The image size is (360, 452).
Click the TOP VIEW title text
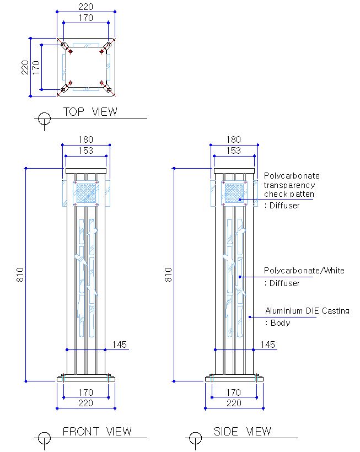pyautogui.click(x=90, y=112)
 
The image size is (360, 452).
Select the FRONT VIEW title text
pyautogui.click(x=97, y=432)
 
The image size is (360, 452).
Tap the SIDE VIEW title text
pyautogui.click(x=243, y=432)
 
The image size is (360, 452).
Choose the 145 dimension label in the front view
pyautogui.click(x=120, y=345)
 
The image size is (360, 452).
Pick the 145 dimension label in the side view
pyautogui.click(x=267, y=345)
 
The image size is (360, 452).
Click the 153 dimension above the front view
pyautogui.click(x=85, y=150)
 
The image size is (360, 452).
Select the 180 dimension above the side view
pyautogui.click(x=234, y=139)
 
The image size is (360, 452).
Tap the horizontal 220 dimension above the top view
pyautogui.click(x=85, y=7)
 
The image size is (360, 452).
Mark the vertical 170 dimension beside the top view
pyautogui.click(x=36, y=67)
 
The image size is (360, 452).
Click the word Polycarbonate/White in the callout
pyautogui.click(x=304, y=271)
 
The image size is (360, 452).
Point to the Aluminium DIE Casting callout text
pyautogui.click(x=307, y=311)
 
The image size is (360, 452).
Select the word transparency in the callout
pyautogui.click(x=289, y=185)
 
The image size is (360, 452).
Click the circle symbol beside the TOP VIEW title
pyautogui.click(x=44, y=119)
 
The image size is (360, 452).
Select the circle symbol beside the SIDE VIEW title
pyautogui.click(x=195, y=438)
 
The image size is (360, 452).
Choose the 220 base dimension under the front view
pyautogui.click(x=85, y=403)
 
